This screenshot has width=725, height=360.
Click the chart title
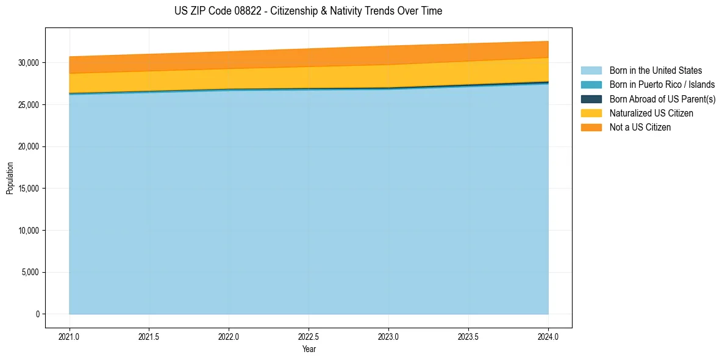308,11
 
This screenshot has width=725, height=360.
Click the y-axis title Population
10,178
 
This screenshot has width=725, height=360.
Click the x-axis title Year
309,349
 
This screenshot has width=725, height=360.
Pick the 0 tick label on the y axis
37,314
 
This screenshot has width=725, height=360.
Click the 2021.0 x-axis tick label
70,336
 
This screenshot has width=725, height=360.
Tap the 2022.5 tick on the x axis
309,336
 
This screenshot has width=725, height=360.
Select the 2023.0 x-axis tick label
388,336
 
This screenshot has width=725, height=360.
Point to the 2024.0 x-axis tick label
548,336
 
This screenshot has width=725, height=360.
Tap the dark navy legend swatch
591,99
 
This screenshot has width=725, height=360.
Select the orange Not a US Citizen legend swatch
591,128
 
